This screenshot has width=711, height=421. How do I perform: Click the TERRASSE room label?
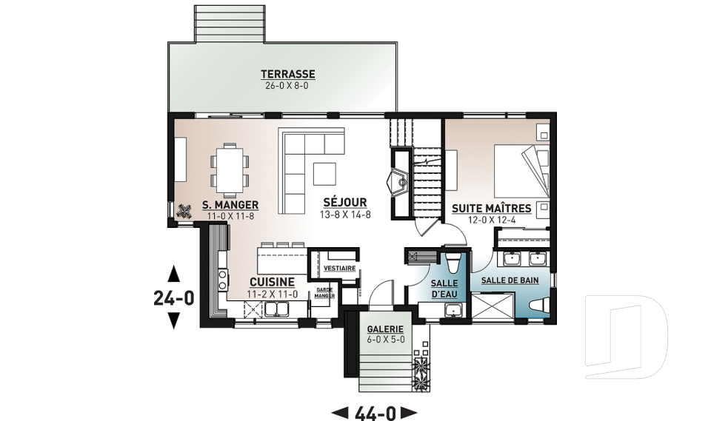[x=287, y=74]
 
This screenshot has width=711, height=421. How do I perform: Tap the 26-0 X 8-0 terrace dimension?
[x=287, y=86]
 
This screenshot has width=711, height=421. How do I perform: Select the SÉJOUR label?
[x=345, y=203]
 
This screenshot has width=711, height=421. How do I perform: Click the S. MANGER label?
[x=230, y=205]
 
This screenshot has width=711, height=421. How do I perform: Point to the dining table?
[x=230, y=169]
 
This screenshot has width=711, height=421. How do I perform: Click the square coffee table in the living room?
[x=324, y=174]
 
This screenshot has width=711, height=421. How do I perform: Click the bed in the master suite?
[x=521, y=170]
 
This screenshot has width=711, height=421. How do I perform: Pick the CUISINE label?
[x=272, y=283]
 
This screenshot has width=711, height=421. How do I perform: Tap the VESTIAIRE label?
[x=340, y=269]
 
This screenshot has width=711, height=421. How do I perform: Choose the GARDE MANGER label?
[x=324, y=293]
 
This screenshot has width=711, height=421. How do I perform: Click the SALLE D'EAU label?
[x=444, y=289]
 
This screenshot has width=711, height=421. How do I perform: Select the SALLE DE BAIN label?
[x=510, y=280]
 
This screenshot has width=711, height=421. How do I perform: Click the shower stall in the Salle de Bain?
[x=493, y=307]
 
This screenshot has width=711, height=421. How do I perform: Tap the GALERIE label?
[x=385, y=329]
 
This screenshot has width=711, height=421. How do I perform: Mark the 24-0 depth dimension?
[x=173, y=297]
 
